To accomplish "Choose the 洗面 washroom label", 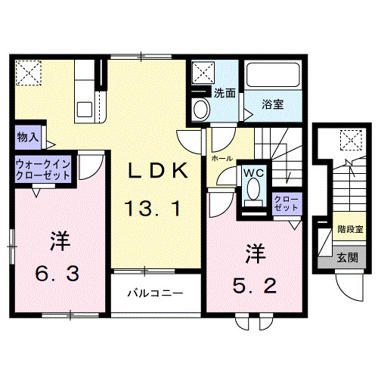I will click(x=225, y=94).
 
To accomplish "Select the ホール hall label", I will click(x=222, y=160).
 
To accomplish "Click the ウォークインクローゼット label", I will click(x=44, y=169).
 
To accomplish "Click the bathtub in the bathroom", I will click(x=273, y=77).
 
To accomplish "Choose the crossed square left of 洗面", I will click(x=202, y=73).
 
